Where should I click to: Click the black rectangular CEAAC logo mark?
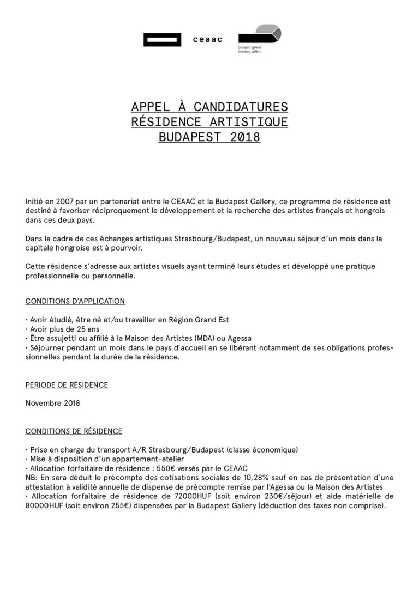[x=162, y=40]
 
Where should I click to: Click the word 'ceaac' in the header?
[x=208, y=40]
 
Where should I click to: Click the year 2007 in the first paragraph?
[x=56, y=202]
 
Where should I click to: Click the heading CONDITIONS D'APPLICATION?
[x=75, y=301]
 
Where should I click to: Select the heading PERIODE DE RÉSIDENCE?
[x=67, y=385]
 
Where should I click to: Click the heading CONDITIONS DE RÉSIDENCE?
[x=74, y=431]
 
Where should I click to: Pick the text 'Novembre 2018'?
[x=52, y=404]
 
